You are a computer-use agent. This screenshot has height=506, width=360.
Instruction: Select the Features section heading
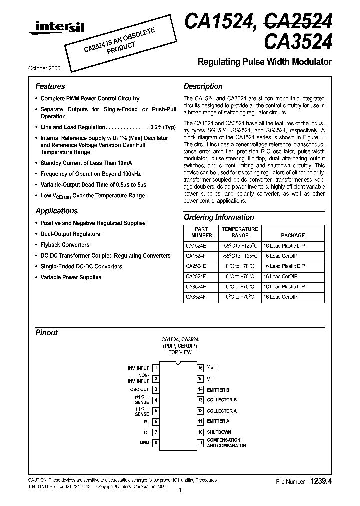tap(50, 86)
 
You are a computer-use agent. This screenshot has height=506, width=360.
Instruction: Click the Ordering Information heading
tap(219, 217)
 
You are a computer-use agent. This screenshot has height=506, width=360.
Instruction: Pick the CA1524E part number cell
tap(195, 245)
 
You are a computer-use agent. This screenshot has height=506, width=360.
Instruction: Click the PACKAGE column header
tap(292, 235)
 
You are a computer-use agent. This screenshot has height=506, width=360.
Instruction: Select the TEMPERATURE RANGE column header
tap(240, 232)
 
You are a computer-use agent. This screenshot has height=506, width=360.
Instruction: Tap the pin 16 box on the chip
tap(200, 368)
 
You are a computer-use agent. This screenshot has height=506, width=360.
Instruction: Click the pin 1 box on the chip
tap(156, 368)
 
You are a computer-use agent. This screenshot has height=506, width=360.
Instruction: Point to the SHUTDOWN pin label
tap(219, 432)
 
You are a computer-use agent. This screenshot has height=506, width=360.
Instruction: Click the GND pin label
tap(144, 442)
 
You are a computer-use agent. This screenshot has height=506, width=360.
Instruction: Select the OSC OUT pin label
tap(140, 389)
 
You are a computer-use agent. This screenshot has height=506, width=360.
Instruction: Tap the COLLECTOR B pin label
tap(222, 400)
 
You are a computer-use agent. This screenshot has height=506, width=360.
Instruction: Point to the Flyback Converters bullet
tap(65, 245)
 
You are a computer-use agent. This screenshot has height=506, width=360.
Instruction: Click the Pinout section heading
tap(46, 332)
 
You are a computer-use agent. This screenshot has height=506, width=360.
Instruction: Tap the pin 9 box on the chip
tap(200, 442)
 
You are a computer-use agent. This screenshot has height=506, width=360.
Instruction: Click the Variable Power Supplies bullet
tap(70, 277)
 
